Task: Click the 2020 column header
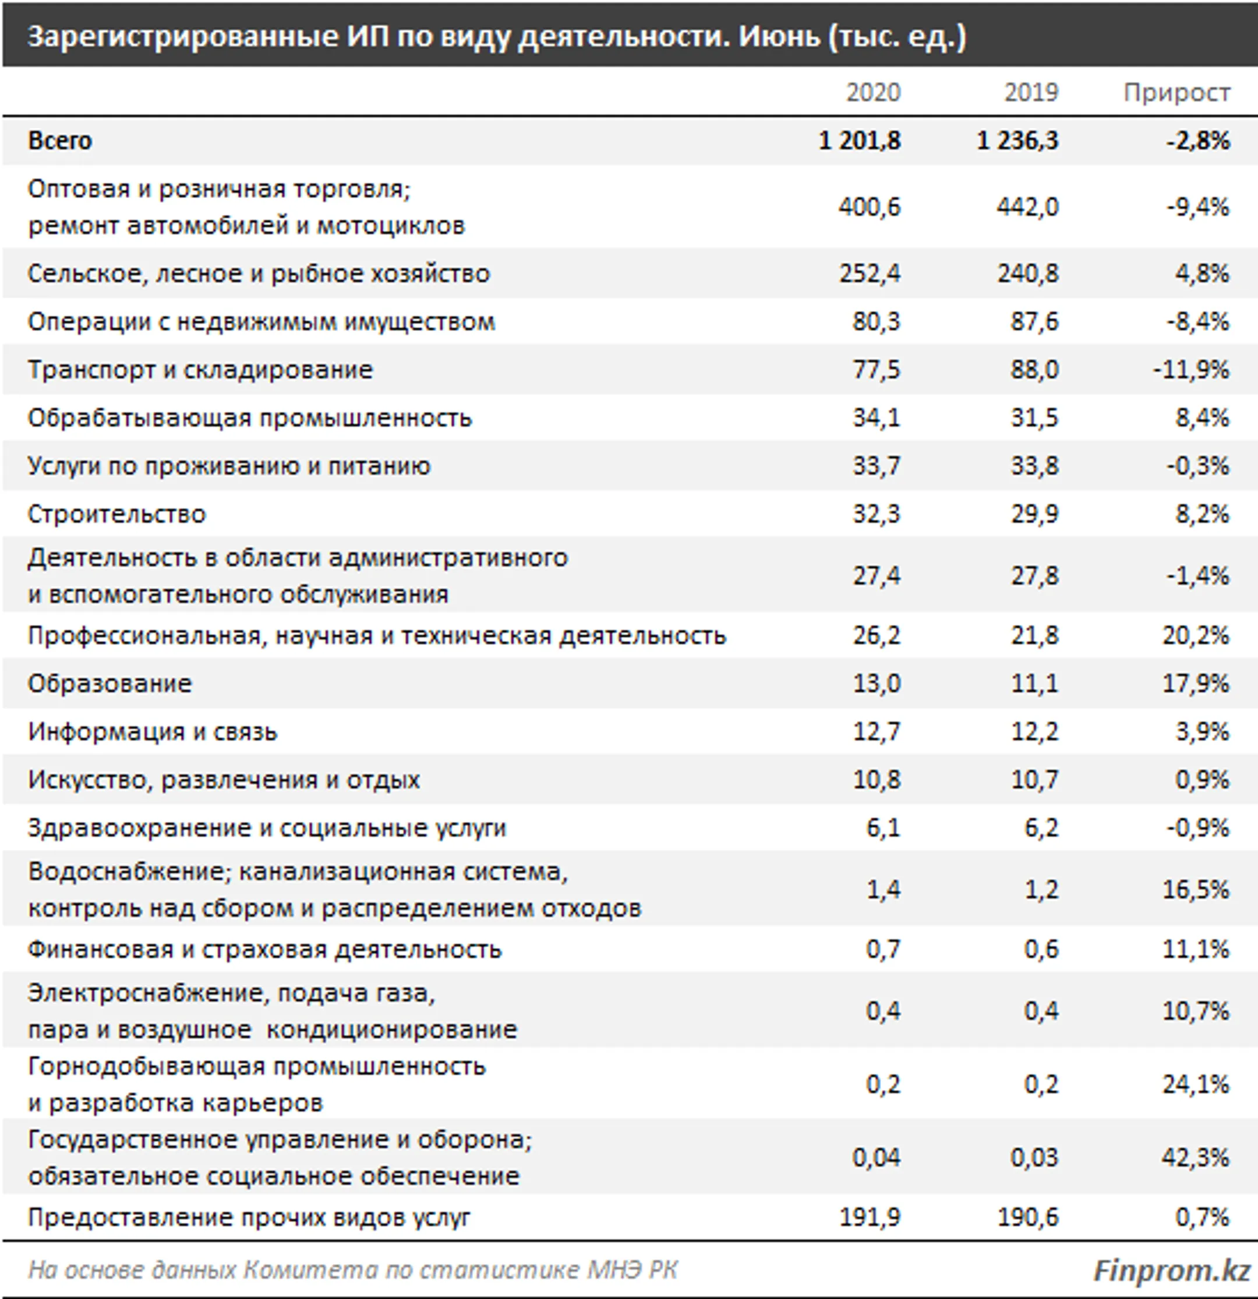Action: click(x=873, y=92)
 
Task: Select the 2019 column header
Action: click(x=1031, y=92)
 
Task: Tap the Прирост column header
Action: click(x=1176, y=92)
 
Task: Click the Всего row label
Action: click(x=59, y=140)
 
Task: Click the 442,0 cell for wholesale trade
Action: click(x=1027, y=207)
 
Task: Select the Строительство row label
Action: click(x=116, y=514)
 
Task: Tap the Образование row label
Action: click(x=109, y=684)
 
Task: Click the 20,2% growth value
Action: click(x=1196, y=636)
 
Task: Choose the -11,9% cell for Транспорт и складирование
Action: click(x=1191, y=369)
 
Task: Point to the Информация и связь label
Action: click(x=153, y=732)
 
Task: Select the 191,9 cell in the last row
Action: click(x=870, y=1217)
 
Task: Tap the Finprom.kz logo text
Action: click(x=1171, y=1270)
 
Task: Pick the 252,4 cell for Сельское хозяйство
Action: click(x=870, y=273)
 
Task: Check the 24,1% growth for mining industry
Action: click(x=1196, y=1084)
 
